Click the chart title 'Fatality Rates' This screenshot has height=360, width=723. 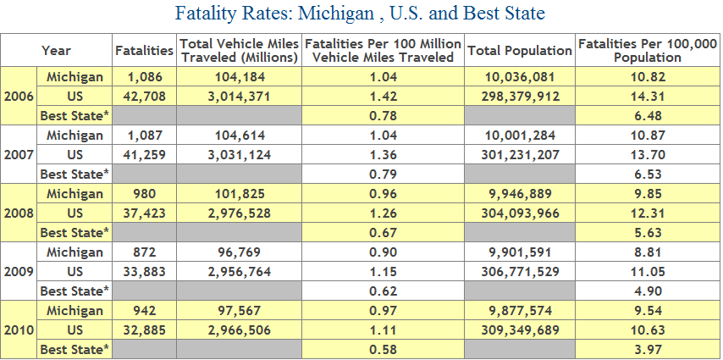coord(361,14)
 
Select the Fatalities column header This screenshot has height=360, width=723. coord(144,51)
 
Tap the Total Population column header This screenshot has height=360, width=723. coord(519,51)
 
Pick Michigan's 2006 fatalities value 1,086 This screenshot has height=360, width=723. coord(144,77)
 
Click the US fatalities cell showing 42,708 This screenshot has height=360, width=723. coord(144,96)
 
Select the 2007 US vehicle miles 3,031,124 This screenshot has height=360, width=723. coord(238,154)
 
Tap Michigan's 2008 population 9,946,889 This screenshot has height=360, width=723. coord(519,194)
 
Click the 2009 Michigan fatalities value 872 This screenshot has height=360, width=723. coord(144,252)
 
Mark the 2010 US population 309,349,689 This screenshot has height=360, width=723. coord(519,330)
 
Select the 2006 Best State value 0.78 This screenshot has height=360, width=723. coord(383,115)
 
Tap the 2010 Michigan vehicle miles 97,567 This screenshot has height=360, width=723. coord(238,311)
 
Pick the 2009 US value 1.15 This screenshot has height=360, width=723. coord(383,271)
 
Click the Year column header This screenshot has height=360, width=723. coord(57,51)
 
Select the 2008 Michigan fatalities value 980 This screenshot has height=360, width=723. coord(144,194)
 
